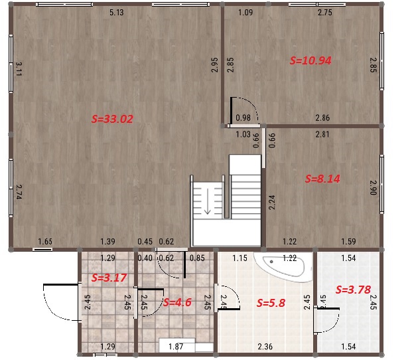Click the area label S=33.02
[x=112, y=119]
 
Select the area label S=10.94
[x=310, y=60]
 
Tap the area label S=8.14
[x=322, y=179]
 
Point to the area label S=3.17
[x=109, y=278]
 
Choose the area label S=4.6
[x=177, y=302]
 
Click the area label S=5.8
[x=271, y=303]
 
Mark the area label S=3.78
[x=353, y=290]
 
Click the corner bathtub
[x=283, y=266]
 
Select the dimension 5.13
[x=117, y=13]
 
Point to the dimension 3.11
[x=19, y=68]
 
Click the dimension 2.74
[x=19, y=192]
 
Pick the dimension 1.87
[x=176, y=346]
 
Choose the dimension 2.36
[x=265, y=346]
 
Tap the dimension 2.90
[x=373, y=188]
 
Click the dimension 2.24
[x=272, y=203]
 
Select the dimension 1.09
[x=245, y=13]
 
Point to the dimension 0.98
[x=243, y=118]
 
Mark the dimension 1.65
[x=45, y=242]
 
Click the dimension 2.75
[x=325, y=13]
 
